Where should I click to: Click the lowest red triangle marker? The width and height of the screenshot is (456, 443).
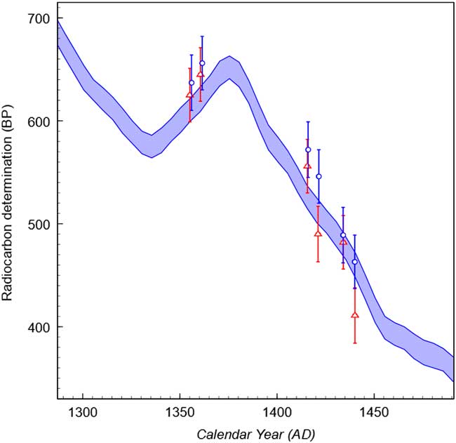point(355,315)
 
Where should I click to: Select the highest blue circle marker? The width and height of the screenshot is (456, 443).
point(202,63)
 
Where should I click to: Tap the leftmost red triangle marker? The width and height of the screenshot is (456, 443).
point(189,95)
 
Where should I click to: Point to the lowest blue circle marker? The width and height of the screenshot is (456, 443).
point(354,262)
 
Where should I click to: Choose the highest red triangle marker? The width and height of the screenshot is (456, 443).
point(201,74)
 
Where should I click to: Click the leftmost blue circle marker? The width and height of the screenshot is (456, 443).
point(192,83)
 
